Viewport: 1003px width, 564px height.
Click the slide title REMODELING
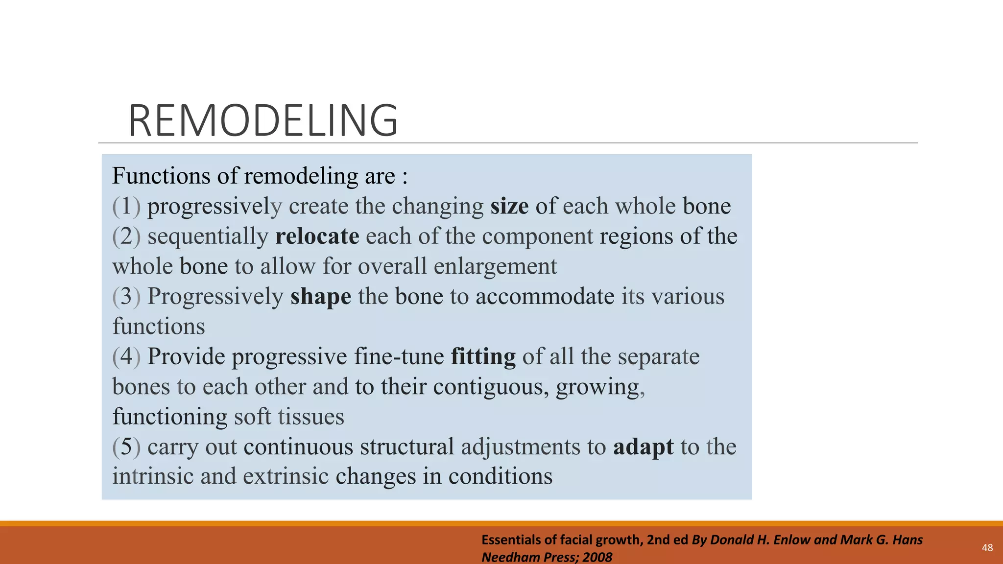tap(263, 120)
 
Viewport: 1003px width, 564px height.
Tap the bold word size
tap(509, 206)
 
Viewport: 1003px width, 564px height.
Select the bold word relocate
tap(317, 236)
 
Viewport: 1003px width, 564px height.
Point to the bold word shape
tap(321, 297)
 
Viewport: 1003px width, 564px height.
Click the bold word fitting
tap(483, 356)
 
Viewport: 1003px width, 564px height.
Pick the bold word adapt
tap(643, 447)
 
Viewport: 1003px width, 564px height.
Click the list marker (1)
tap(126, 206)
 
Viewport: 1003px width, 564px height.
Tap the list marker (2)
tap(126, 236)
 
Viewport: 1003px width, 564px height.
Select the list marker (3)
tap(126, 297)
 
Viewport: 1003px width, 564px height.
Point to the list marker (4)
tap(126, 356)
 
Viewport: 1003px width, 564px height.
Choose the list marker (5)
tap(126, 447)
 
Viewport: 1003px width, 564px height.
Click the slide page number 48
tap(987, 548)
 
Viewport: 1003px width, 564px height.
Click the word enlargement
tap(495, 267)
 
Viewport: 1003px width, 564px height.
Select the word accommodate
tap(545, 297)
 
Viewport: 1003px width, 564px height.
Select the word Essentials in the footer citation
tap(512, 540)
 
